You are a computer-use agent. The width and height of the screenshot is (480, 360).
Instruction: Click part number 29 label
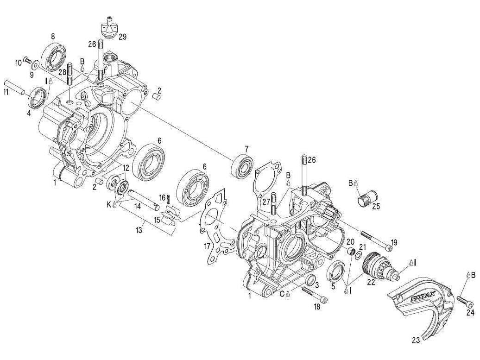122,37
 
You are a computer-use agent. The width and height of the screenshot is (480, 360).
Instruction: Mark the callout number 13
139,230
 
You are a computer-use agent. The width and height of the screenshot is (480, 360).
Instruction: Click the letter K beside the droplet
109,204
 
